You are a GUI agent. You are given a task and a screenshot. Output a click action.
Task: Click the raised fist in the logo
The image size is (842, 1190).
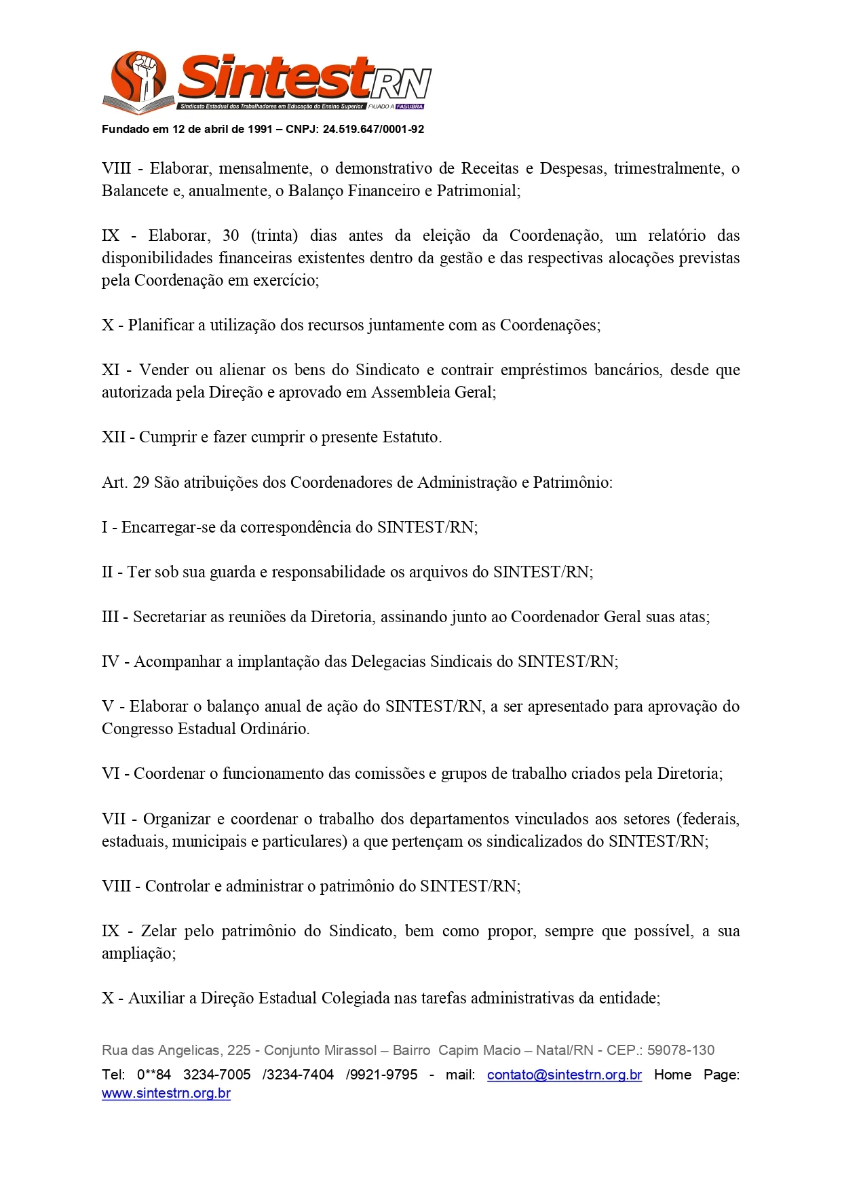145,70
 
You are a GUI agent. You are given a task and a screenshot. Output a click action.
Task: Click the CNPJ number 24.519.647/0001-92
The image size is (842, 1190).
373,129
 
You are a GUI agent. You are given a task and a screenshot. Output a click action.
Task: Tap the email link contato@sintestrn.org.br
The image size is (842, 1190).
564,1075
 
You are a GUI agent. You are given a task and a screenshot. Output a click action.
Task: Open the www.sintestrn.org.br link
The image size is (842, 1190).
166,1094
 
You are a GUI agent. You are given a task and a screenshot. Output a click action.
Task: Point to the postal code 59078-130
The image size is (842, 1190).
681,1050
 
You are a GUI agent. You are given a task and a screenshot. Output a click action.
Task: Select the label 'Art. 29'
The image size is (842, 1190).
126,482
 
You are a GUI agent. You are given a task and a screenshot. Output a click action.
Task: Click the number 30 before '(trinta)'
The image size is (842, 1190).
231,235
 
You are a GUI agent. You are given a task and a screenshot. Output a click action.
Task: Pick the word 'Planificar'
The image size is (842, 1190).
161,325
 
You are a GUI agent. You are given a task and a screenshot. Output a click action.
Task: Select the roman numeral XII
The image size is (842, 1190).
113,437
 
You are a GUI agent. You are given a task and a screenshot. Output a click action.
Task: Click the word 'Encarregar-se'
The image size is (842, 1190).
168,527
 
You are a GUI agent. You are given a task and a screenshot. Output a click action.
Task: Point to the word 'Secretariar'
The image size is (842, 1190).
172,617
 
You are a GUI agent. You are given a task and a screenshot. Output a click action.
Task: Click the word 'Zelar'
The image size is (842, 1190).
159,931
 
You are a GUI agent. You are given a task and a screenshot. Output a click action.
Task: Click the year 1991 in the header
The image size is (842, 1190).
261,129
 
